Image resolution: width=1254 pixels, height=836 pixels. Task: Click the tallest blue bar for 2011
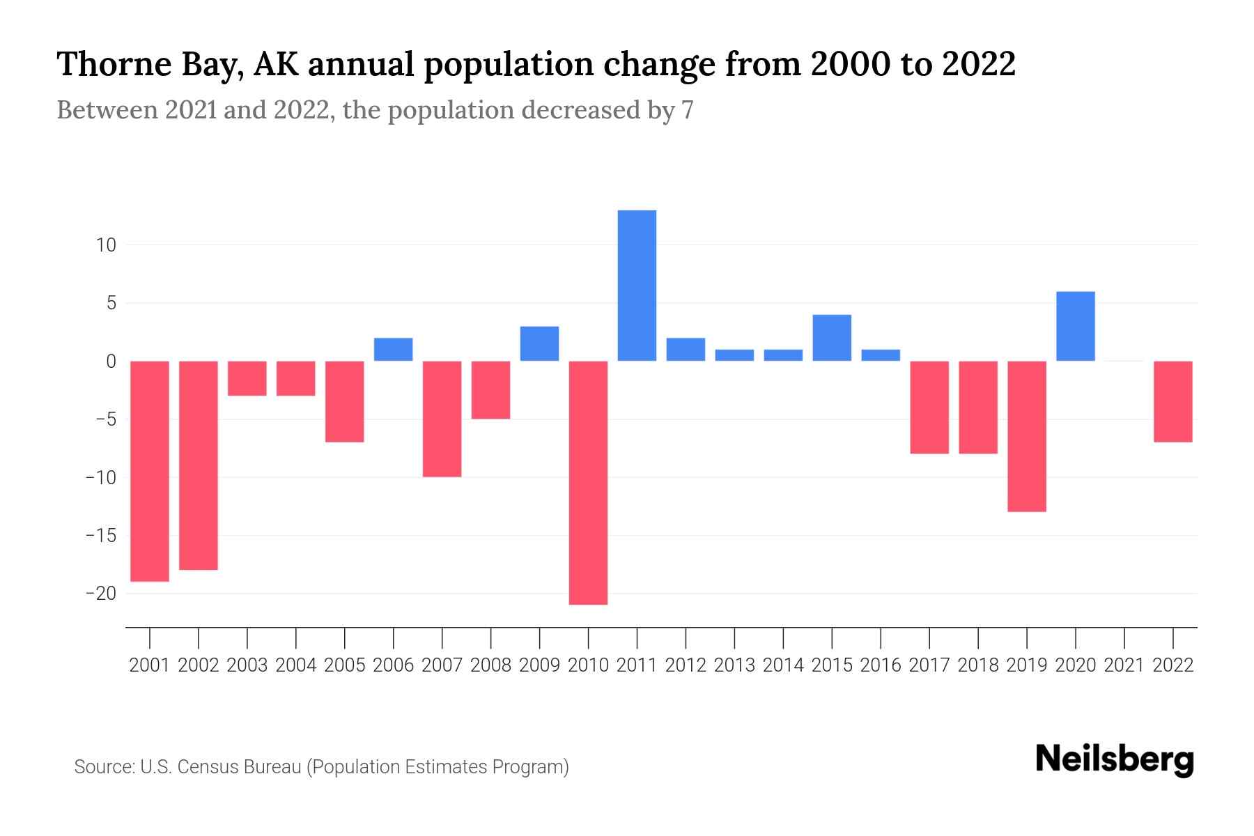637,286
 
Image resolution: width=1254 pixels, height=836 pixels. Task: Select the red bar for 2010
588,482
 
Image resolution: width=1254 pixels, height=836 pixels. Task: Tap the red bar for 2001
150,471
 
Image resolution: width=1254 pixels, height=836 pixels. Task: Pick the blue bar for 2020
1075,326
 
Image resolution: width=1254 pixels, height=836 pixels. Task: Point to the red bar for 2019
1026,436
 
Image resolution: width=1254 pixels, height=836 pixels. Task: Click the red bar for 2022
1172,401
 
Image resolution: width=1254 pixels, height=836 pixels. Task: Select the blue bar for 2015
832,338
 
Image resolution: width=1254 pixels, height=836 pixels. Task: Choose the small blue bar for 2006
394,350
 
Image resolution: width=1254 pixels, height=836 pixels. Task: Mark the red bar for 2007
442,419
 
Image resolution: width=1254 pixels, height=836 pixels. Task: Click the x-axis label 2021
1124,665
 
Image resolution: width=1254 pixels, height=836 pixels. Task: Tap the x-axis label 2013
734,665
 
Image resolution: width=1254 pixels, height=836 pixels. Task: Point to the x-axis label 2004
296,665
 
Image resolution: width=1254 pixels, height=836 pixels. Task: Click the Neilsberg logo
1115,760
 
